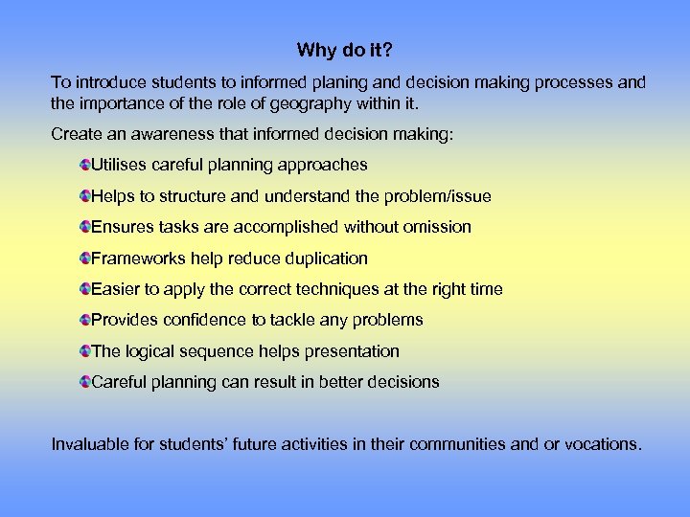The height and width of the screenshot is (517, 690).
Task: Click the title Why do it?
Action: click(344, 50)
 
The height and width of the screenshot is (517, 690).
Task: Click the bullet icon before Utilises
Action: click(85, 166)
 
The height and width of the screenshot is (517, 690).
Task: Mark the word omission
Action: click(436, 227)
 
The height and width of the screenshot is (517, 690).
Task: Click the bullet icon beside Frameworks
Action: click(85, 258)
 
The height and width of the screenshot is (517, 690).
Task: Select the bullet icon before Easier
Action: click(85, 289)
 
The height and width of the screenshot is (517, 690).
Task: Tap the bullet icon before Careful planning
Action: click(85, 382)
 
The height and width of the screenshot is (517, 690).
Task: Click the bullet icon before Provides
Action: click(85, 320)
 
